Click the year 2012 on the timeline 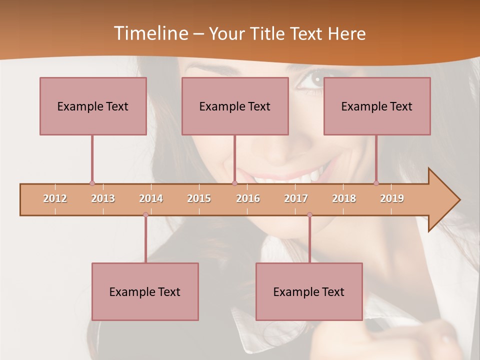coord(55,198)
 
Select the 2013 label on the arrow coord(103,198)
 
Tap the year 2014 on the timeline coord(151,198)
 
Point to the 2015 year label coord(199,198)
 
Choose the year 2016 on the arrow coord(248,198)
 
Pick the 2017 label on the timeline coord(296,198)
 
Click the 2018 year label coord(344,198)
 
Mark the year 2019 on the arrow coord(392,198)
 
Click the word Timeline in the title coord(150,33)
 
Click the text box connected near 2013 coord(93,106)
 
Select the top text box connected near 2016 coord(235,106)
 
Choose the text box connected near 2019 coord(377,106)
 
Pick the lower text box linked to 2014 coord(145,291)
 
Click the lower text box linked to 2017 coord(309,291)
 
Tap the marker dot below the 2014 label coord(145,214)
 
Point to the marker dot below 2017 coord(309,214)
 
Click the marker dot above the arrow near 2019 coord(376,183)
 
